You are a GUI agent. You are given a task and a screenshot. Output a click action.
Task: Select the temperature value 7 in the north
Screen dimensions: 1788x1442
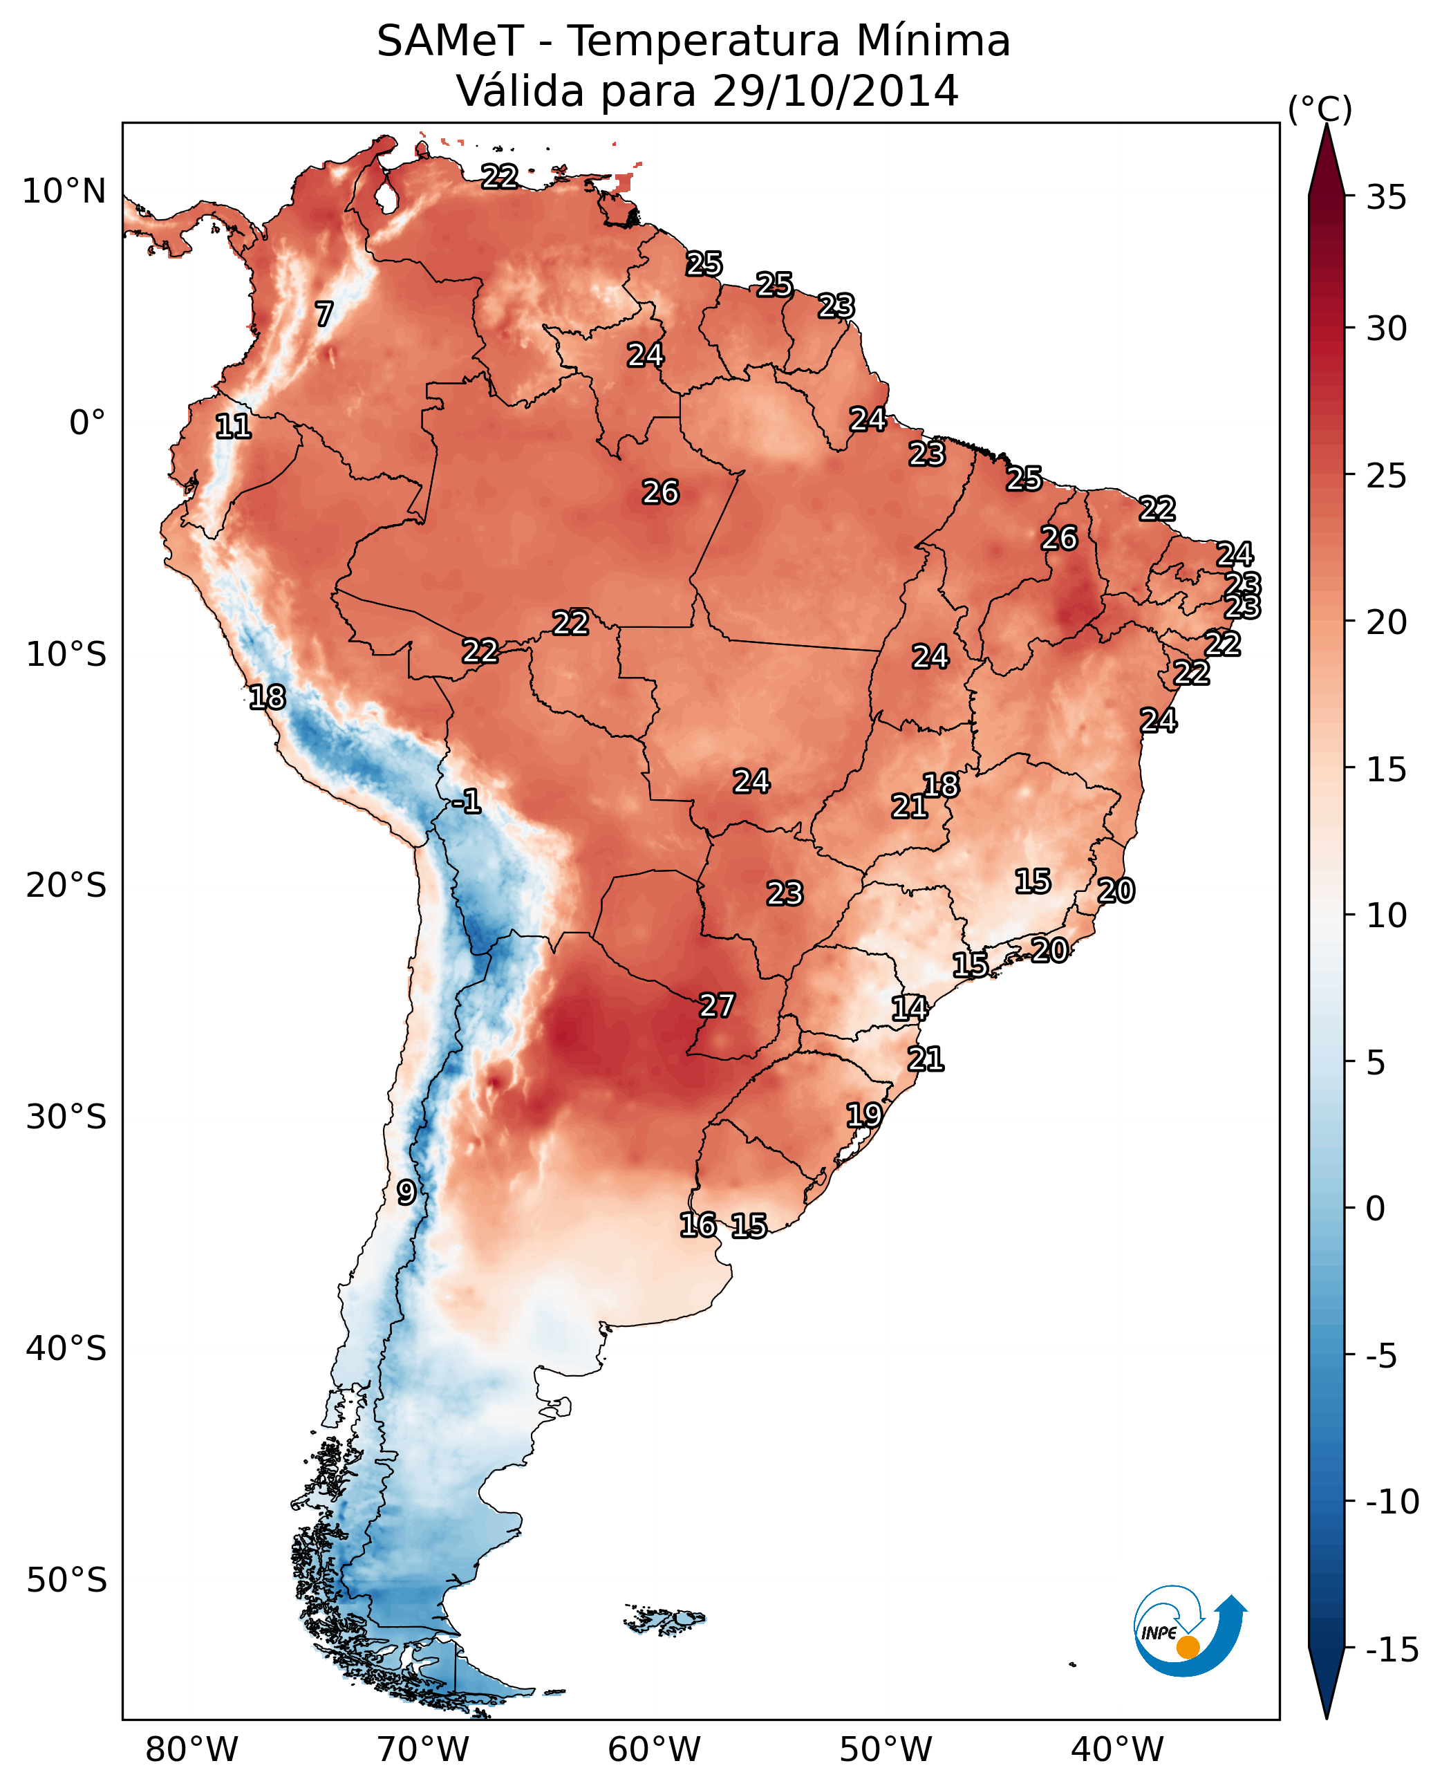point(324,314)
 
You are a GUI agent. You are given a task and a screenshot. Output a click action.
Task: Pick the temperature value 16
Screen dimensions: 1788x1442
point(697,1224)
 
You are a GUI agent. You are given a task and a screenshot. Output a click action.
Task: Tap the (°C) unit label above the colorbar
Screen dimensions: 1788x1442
point(1320,109)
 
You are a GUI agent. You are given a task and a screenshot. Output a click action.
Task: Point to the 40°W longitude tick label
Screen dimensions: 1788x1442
point(1117,1749)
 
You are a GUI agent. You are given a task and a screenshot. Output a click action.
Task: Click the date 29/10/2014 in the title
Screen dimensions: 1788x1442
point(835,91)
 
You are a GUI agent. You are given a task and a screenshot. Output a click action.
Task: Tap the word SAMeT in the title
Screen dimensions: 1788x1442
point(449,41)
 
